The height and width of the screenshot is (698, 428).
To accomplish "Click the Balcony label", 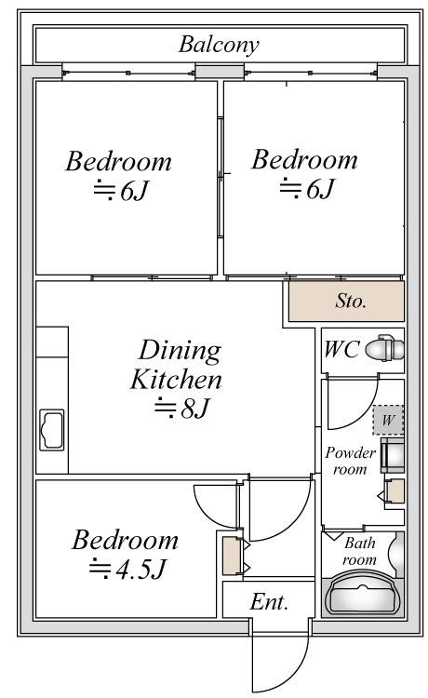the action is [219, 45].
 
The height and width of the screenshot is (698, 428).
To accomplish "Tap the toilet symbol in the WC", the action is [385, 348].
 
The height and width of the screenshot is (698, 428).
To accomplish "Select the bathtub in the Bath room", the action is [363, 596].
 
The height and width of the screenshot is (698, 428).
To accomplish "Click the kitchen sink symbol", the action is [51, 430].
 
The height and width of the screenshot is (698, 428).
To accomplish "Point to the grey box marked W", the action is [388, 420].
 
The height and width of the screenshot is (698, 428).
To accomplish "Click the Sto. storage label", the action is [351, 301].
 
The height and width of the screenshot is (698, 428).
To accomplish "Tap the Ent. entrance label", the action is [269, 602].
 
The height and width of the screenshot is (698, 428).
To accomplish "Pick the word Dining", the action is [180, 350].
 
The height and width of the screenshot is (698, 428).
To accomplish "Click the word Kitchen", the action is [176, 380].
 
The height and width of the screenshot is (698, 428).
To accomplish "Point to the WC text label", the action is [341, 349].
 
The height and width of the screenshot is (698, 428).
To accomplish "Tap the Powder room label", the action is [350, 461].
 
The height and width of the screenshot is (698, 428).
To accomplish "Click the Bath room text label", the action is [359, 551].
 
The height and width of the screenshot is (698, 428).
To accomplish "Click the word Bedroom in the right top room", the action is [304, 160].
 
